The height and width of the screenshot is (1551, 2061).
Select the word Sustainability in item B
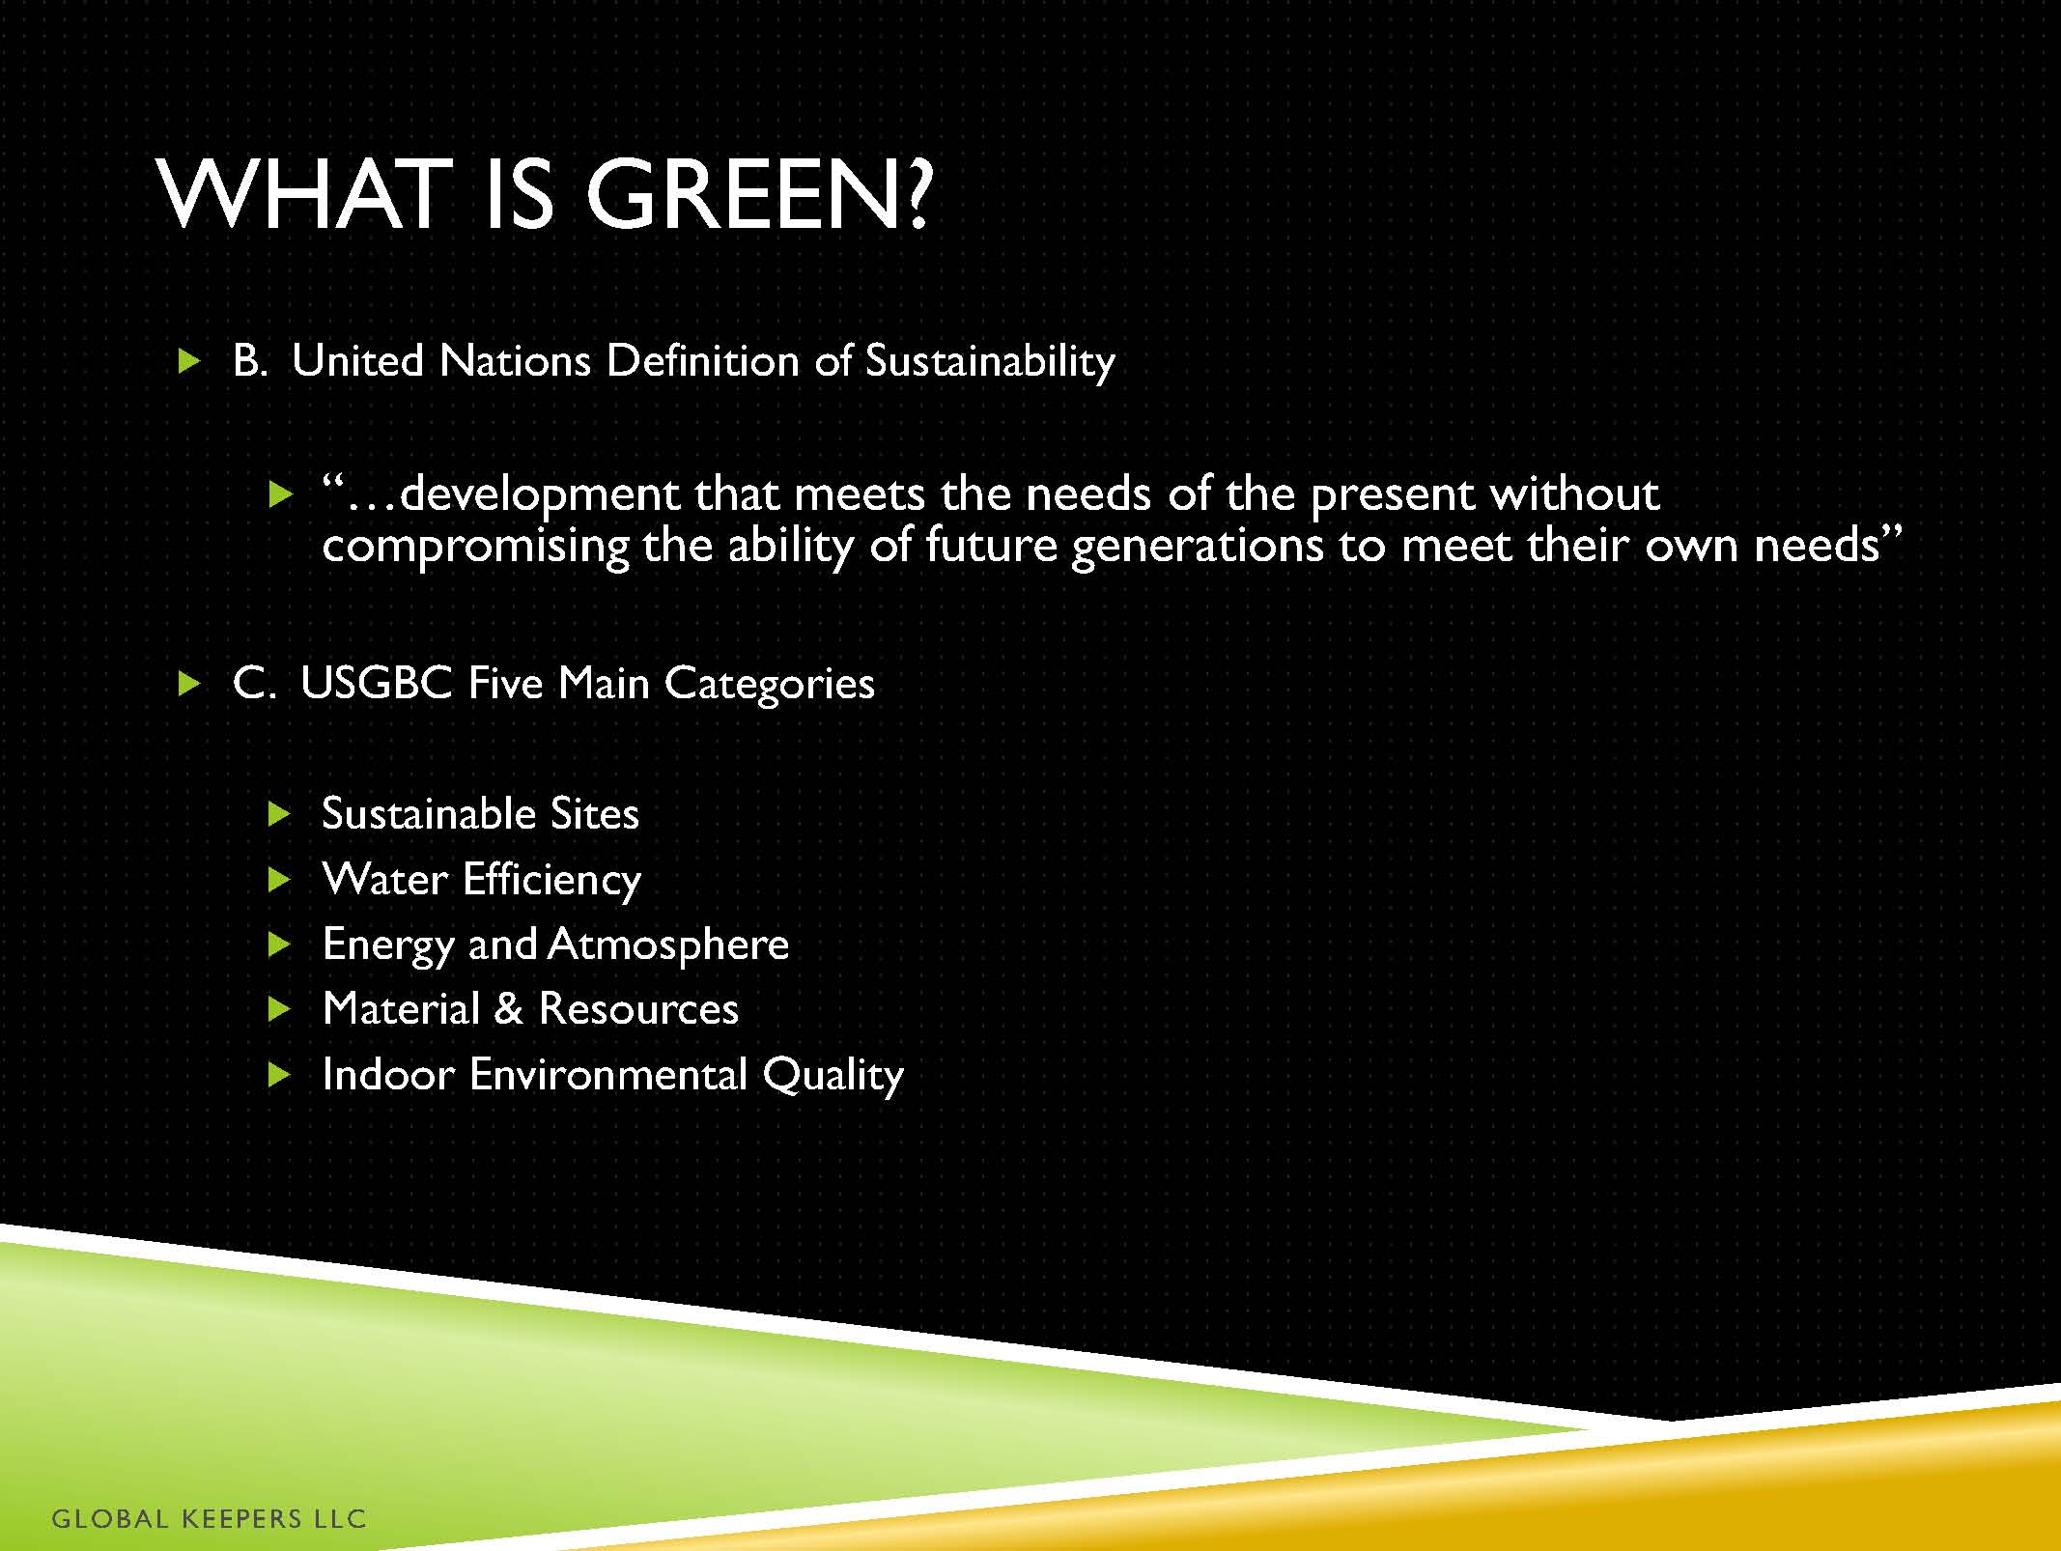(x=990, y=362)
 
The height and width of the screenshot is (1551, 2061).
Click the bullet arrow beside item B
(x=190, y=362)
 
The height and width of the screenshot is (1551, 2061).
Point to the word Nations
(x=515, y=361)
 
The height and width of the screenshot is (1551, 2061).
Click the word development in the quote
(x=541, y=495)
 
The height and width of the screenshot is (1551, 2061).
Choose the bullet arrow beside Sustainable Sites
(x=279, y=814)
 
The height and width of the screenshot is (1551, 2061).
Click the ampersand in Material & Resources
(x=508, y=1009)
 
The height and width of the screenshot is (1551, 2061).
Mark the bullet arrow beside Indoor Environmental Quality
(x=279, y=1074)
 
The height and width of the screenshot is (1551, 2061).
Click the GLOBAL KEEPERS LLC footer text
(x=209, y=1519)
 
